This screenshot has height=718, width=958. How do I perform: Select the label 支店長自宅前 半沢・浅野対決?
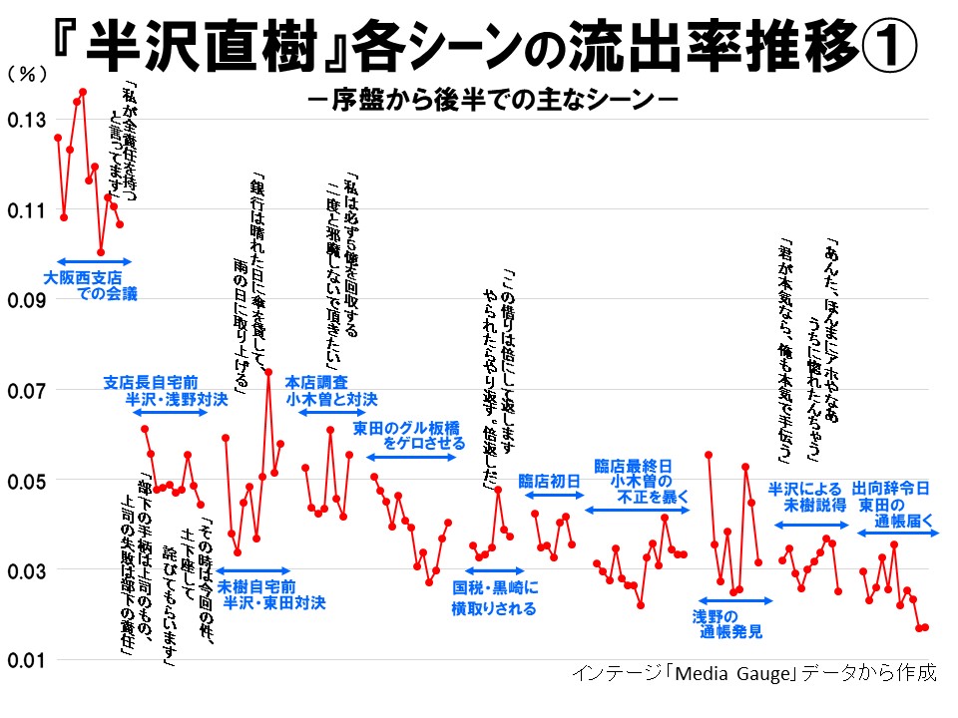pos(166,391)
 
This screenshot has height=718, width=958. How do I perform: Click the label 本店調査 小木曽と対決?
pos(331,391)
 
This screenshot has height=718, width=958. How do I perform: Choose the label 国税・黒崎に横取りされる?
pos(495,598)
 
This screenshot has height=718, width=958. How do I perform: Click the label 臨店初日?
pos(550,482)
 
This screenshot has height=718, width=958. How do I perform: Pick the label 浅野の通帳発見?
pos(728,622)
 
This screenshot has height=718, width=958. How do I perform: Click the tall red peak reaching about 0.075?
pos(268,372)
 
